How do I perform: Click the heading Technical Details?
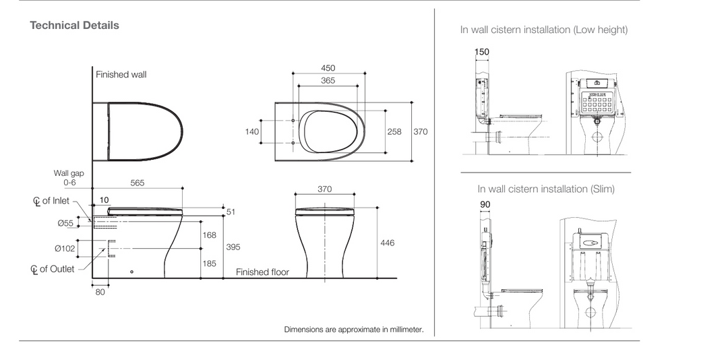pyautogui.click(x=74, y=26)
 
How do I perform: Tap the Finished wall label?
pyautogui.click(x=121, y=75)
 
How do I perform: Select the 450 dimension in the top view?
pyautogui.click(x=328, y=68)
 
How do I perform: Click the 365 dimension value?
pyautogui.click(x=328, y=81)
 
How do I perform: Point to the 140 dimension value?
pyautogui.click(x=252, y=132)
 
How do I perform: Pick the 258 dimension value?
pyautogui.click(x=394, y=132)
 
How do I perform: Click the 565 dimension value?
pyautogui.click(x=137, y=183)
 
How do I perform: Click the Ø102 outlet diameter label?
pyautogui.click(x=64, y=249)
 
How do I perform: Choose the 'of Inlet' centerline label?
pyautogui.click(x=55, y=201)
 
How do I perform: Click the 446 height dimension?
pyautogui.click(x=388, y=243)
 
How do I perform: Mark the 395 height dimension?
pyautogui.click(x=233, y=247)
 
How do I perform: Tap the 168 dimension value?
pyautogui.click(x=210, y=235)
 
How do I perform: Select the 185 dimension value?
pyautogui.click(x=210, y=264)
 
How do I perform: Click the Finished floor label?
pyautogui.click(x=262, y=272)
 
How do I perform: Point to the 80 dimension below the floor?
pyautogui.click(x=100, y=293)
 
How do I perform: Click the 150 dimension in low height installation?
pyautogui.click(x=482, y=52)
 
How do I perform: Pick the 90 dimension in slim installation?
pyautogui.click(x=485, y=204)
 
